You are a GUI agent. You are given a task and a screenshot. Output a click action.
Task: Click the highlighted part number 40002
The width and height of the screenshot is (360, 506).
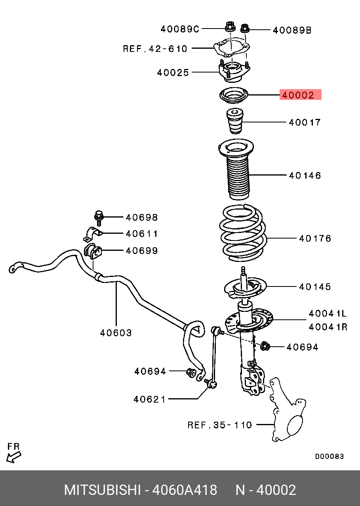tap(300, 95)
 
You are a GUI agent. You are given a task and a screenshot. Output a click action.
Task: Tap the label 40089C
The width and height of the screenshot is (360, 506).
tap(180, 29)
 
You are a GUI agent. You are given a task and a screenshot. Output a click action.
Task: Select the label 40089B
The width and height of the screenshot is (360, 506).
tap(292, 30)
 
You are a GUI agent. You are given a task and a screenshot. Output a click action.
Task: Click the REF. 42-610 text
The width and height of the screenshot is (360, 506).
tap(155, 49)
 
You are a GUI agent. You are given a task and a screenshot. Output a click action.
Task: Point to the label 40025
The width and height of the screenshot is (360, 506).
tap(173, 73)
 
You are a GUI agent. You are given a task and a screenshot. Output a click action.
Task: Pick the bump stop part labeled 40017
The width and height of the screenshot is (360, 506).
tap(234, 123)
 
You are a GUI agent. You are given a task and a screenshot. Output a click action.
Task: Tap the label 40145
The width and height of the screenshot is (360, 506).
tap(315, 286)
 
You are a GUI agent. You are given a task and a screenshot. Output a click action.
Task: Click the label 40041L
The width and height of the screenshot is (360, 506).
tap(328, 314)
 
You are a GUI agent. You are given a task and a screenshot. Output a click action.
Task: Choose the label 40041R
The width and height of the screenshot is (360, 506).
tap(328, 327)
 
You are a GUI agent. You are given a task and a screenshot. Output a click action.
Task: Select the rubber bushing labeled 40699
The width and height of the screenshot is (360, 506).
tap(93, 251)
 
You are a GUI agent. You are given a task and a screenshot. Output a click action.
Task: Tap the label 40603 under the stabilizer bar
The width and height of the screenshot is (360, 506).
tap(116, 333)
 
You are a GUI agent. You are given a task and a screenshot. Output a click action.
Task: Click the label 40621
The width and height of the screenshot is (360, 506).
tap(149, 399)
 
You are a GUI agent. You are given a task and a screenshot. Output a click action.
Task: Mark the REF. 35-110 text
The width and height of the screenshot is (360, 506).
tap(219, 425)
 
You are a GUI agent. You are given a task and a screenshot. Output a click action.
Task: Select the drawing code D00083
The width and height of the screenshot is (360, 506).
tap(329, 456)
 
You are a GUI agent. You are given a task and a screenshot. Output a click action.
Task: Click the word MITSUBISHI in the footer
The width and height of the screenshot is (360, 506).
tap(102, 490)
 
